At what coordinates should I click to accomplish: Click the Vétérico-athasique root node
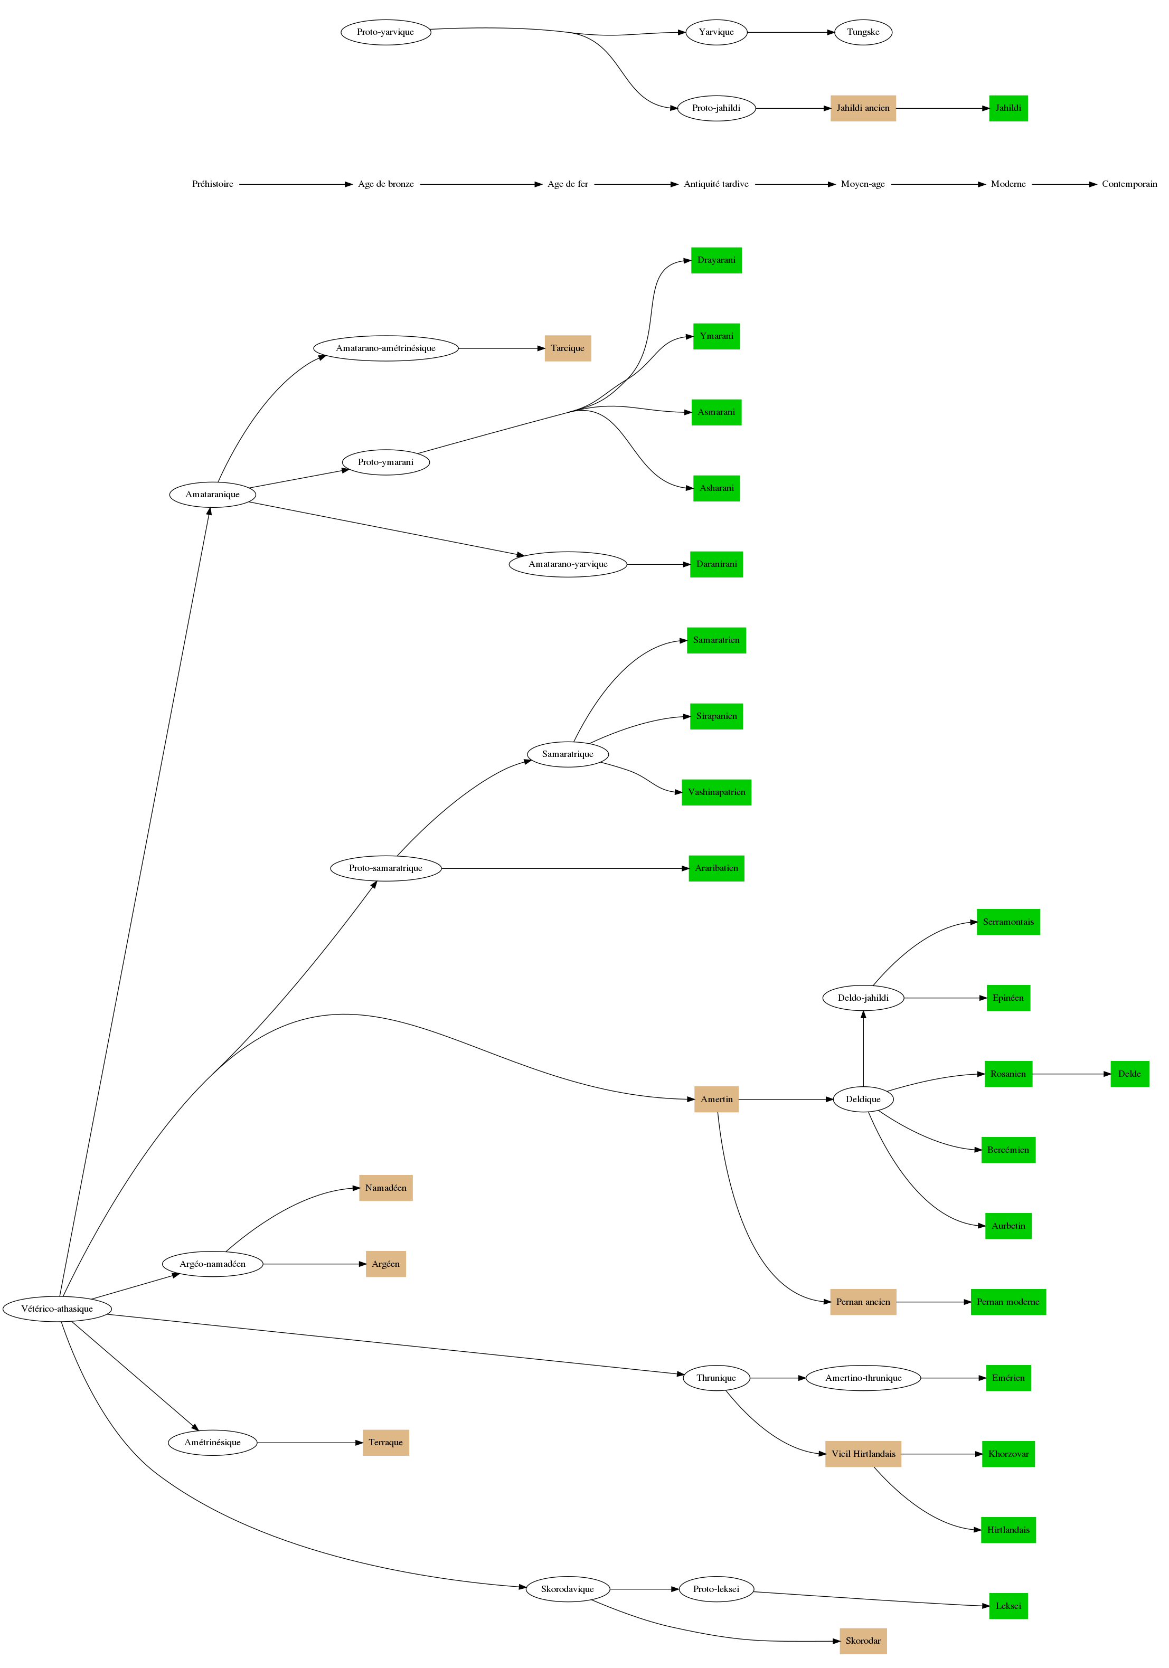(x=58, y=1309)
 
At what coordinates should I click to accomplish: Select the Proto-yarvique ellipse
(x=386, y=33)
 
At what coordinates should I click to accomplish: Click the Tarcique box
(x=568, y=348)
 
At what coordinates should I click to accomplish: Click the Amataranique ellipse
(x=212, y=495)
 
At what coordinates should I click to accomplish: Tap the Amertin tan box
(x=717, y=1099)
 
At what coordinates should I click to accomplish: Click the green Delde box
(x=1129, y=1074)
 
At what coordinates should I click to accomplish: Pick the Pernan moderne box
(x=1008, y=1302)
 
